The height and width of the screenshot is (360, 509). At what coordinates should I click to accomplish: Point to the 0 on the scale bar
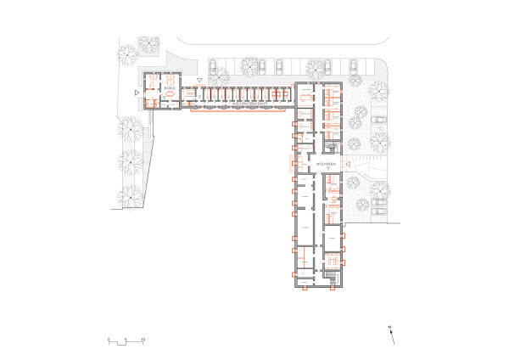pos(109,340)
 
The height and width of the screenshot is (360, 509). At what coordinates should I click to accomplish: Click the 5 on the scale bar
pos(126,340)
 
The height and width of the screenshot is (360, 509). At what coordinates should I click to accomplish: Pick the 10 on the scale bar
pos(144,340)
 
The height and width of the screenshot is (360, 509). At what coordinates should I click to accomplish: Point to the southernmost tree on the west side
pos(129,196)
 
